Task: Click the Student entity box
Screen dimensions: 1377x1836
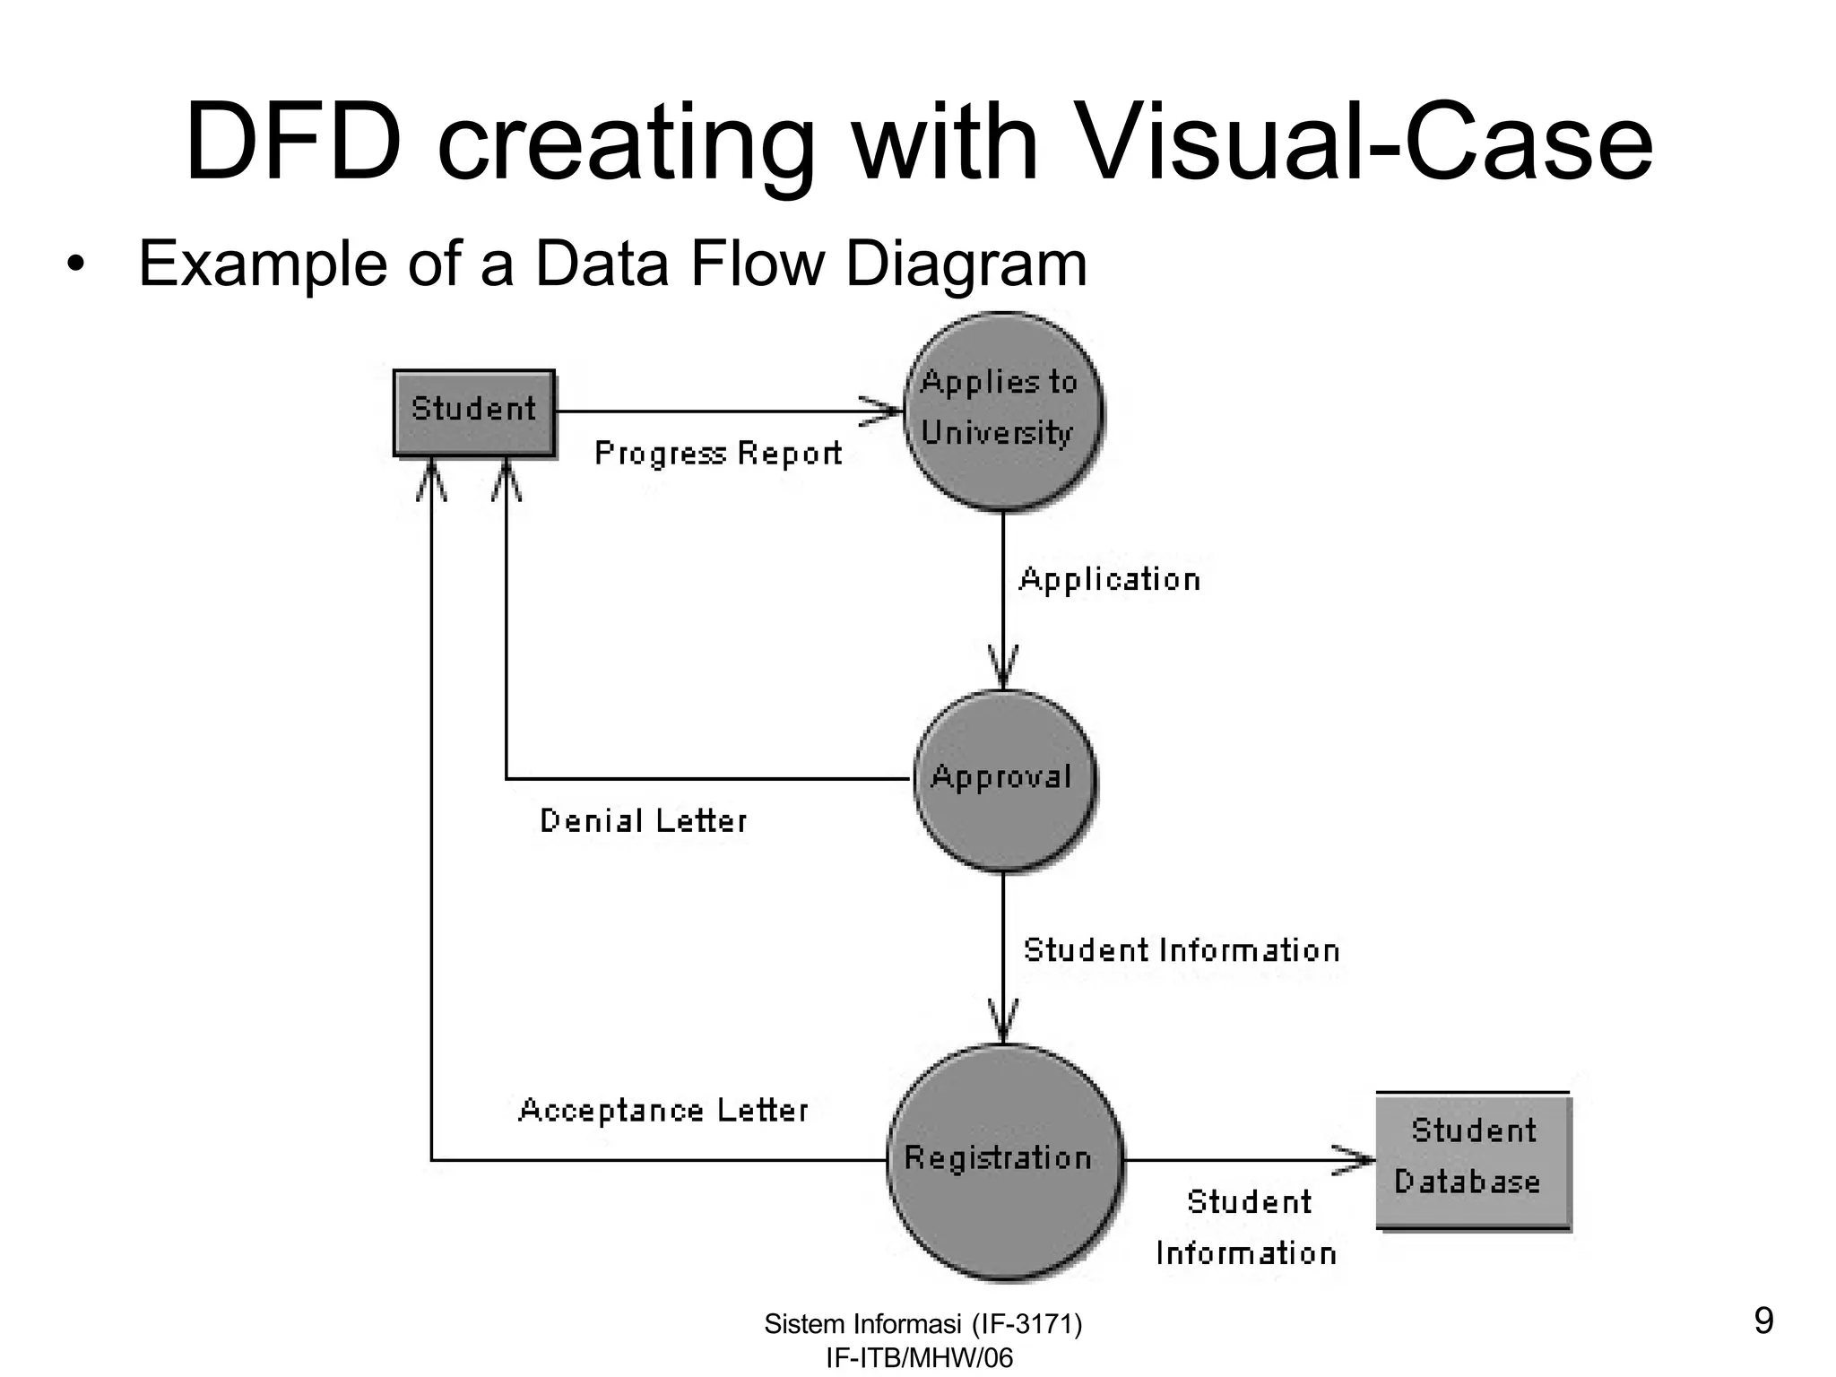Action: tap(474, 412)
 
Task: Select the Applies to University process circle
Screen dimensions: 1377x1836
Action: tap(1002, 412)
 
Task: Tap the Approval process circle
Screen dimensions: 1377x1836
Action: tap(1004, 779)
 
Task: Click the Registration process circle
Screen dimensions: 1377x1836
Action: tap(1004, 1161)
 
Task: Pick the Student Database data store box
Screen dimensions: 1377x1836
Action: tap(1473, 1159)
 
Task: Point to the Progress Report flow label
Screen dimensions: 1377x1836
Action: tap(718, 454)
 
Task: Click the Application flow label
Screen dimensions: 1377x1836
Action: tap(1110, 580)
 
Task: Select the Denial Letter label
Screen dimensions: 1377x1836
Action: tap(643, 821)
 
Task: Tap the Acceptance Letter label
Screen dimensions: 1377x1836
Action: tap(663, 1111)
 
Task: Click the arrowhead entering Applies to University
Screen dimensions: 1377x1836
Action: tap(883, 411)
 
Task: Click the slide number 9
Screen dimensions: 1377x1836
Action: tap(1762, 1321)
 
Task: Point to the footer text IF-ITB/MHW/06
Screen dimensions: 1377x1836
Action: tap(919, 1358)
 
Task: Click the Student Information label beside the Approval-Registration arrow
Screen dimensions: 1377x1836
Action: tap(1182, 950)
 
